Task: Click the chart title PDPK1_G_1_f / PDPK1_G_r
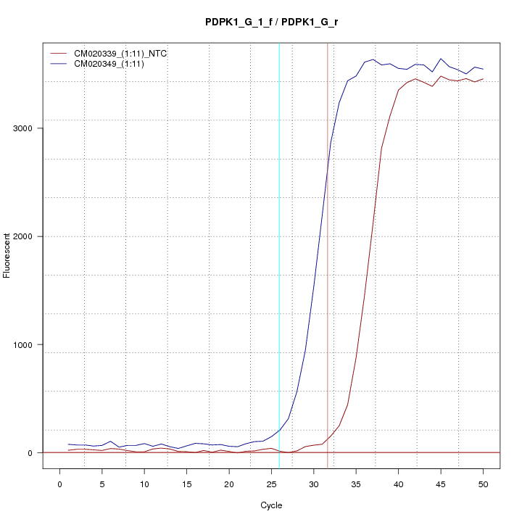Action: click(x=271, y=22)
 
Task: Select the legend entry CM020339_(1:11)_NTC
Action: click(x=125, y=54)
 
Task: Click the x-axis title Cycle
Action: click(x=271, y=505)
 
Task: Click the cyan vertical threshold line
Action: click(x=279, y=254)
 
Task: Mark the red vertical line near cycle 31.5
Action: click(x=328, y=254)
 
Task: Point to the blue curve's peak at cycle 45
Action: click(x=441, y=59)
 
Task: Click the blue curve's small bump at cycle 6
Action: click(x=110, y=441)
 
